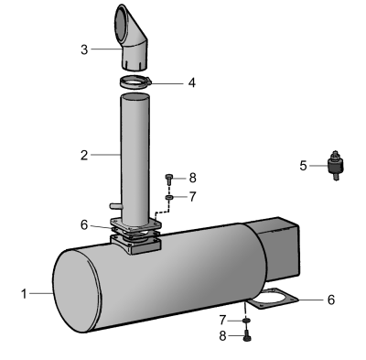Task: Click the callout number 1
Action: click(24, 294)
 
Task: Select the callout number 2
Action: click(84, 156)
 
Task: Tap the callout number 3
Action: click(84, 49)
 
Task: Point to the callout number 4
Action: click(191, 82)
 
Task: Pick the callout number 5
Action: click(303, 166)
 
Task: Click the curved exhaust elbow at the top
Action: click(131, 38)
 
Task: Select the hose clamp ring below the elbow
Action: click(135, 82)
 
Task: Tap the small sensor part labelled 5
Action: click(336, 165)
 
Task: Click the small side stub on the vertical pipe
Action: click(116, 206)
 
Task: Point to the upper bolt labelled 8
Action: click(169, 180)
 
